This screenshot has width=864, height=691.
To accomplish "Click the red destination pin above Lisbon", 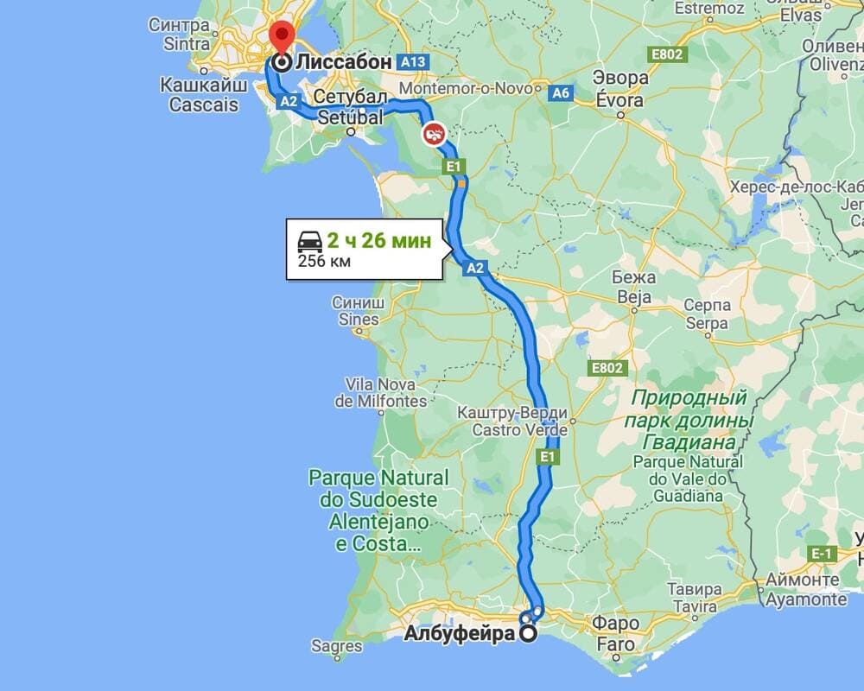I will pos(282,37).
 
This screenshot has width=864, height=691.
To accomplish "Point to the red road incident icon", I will pos(434,134).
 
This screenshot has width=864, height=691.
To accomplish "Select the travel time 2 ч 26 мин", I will pos(378,241).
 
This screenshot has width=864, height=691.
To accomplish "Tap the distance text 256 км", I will pos(324,261).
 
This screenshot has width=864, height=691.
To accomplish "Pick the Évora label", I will pos(620,100).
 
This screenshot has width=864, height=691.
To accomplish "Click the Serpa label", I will pos(707,323).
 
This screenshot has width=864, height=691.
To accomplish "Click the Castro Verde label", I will pos(513,429).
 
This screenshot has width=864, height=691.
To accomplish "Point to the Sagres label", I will pos(336,645).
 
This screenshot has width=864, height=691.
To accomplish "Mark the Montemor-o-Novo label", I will pos(467,89).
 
